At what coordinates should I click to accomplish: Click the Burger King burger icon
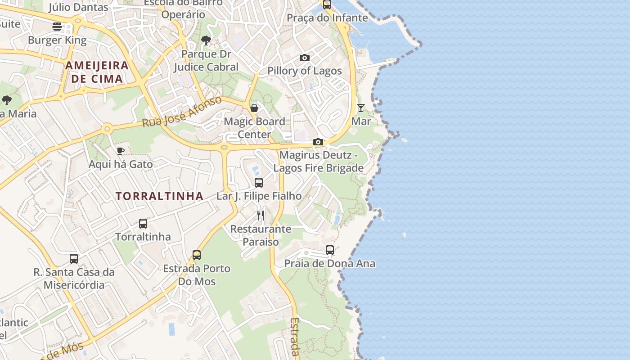coord(57,27)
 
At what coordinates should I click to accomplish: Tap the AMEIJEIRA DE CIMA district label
coord(97,72)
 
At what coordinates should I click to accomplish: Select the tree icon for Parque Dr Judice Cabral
coord(206,40)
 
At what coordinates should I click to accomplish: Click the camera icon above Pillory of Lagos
coord(305,58)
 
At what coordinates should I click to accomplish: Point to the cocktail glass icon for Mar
coord(361,108)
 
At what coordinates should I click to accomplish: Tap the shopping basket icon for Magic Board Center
coord(254,108)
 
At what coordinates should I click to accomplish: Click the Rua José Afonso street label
coord(182,111)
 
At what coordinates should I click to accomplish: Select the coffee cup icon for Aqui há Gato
coord(120,151)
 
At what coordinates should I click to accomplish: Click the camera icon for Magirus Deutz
coord(318,142)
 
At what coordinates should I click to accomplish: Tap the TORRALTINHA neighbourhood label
coord(160,196)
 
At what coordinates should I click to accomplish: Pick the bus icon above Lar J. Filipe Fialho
coord(259,183)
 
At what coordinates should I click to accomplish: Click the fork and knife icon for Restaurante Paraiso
coord(261,216)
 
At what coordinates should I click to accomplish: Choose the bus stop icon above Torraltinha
coord(143,224)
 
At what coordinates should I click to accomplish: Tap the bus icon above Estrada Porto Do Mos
coord(197,255)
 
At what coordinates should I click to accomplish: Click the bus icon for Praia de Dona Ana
coord(330,250)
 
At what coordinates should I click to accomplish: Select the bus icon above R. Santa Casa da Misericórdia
coord(74,259)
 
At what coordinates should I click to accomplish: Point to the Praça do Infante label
coord(327,18)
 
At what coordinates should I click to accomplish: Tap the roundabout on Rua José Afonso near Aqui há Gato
coord(107,129)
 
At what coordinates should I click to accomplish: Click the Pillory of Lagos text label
coord(305,71)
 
